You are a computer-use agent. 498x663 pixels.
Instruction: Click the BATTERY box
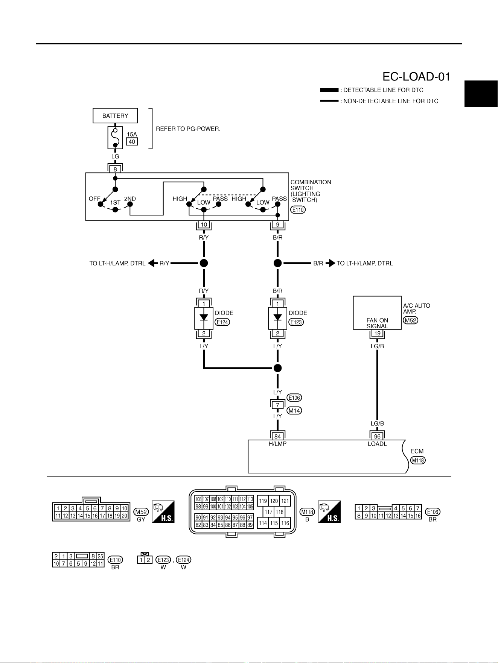(115, 116)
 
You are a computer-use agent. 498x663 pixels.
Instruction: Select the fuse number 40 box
(132, 142)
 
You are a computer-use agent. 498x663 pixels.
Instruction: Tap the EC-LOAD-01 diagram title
(416, 77)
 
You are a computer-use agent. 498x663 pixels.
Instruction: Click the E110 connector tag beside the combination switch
(298, 210)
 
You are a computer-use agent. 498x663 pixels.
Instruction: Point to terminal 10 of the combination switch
(204, 225)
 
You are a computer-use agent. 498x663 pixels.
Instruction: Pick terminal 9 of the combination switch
(278, 225)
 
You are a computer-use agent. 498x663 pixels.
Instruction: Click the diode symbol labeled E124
(204, 318)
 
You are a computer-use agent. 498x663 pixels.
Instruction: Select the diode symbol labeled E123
(278, 318)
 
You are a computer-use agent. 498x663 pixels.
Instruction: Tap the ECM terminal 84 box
(278, 437)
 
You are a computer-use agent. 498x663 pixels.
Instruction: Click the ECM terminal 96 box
(377, 437)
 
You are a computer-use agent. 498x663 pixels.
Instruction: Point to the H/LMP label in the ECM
(278, 444)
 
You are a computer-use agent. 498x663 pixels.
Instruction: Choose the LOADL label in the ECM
(377, 444)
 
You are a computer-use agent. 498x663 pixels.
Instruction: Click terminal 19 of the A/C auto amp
(377, 333)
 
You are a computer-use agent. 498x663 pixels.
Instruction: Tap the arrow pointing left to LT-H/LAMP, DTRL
(153, 263)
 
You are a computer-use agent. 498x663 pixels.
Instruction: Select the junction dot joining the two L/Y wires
(278, 368)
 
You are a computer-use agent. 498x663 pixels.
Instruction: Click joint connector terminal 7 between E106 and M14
(278, 405)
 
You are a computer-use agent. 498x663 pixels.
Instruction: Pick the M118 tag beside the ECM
(418, 460)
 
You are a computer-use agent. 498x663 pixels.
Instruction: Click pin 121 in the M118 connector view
(285, 501)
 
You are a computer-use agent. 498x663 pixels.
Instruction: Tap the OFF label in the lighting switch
(94, 199)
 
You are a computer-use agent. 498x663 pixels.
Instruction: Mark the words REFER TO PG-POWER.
(188, 129)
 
